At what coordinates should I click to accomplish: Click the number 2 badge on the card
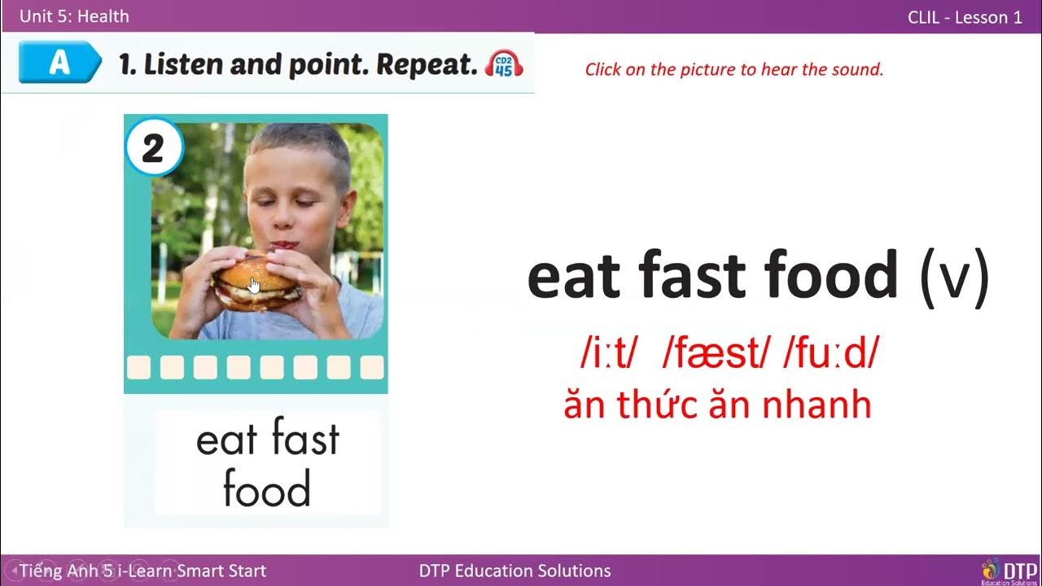tap(154, 148)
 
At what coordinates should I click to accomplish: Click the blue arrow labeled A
tap(59, 63)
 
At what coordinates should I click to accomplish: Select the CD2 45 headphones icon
tap(504, 64)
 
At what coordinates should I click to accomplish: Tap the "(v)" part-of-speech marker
tap(954, 277)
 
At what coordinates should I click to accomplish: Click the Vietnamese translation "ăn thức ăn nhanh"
tap(717, 405)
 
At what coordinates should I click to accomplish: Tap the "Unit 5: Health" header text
tap(74, 16)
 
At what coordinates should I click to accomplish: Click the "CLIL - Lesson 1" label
tap(965, 17)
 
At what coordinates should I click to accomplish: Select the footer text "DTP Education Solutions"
tap(514, 571)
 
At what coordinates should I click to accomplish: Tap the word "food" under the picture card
tap(266, 489)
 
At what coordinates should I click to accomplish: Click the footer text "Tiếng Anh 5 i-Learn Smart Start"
tap(143, 571)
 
